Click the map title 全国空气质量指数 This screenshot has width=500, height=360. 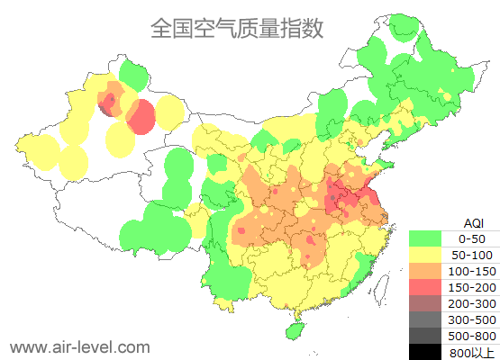[237, 29]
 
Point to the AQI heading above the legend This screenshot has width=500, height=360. [473, 222]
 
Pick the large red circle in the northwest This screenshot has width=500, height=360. [141, 116]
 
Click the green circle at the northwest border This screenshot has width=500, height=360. [133, 74]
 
